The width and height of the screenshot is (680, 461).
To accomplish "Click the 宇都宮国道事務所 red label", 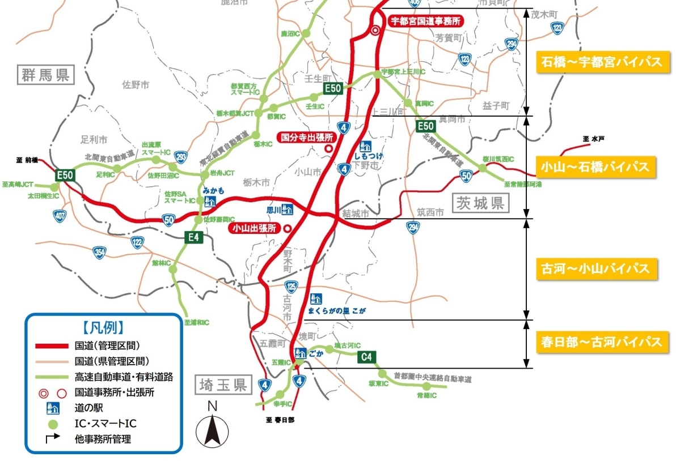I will pyautogui.click(x=424, y=21).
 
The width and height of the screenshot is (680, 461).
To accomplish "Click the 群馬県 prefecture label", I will pyautogui.click(x=46, y=75).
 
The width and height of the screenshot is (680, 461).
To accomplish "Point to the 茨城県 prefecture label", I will pyautogui.click(x=482, y=203).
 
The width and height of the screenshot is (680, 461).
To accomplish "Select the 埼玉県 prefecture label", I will pyautogui.click(x=223, y=386).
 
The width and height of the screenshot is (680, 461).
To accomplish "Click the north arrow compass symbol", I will pyautogui.click(x=212, y=428).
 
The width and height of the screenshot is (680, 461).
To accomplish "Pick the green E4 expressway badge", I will pyautogui.click(x=194, y=237).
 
